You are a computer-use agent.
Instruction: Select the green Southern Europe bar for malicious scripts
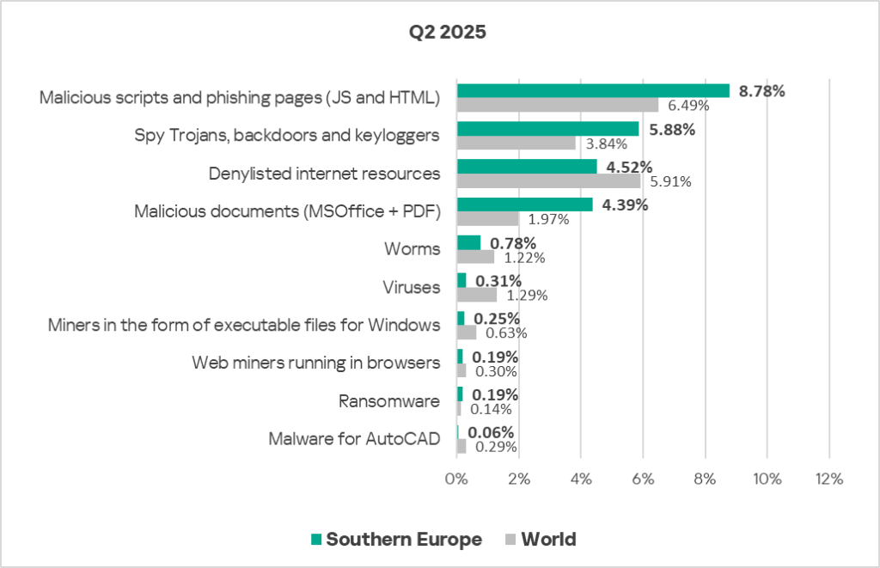click(593, 90)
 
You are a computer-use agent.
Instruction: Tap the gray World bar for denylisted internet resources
click(548, 181)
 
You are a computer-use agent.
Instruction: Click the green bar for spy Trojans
click(547, 128)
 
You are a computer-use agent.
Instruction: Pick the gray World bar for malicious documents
click(487, 219)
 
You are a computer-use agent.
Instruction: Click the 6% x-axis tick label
click(643, 479)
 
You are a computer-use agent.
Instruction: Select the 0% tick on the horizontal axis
click(456, 479)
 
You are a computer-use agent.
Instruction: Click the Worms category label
click(412, 249)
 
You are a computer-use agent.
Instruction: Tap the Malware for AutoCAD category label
click(354, 439)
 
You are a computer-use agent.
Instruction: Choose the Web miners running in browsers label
click(315, 363)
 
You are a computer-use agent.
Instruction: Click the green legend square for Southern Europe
click(316, 540)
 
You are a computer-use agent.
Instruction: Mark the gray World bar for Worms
click(475, 257)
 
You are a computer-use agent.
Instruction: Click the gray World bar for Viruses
click(476, 295)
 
